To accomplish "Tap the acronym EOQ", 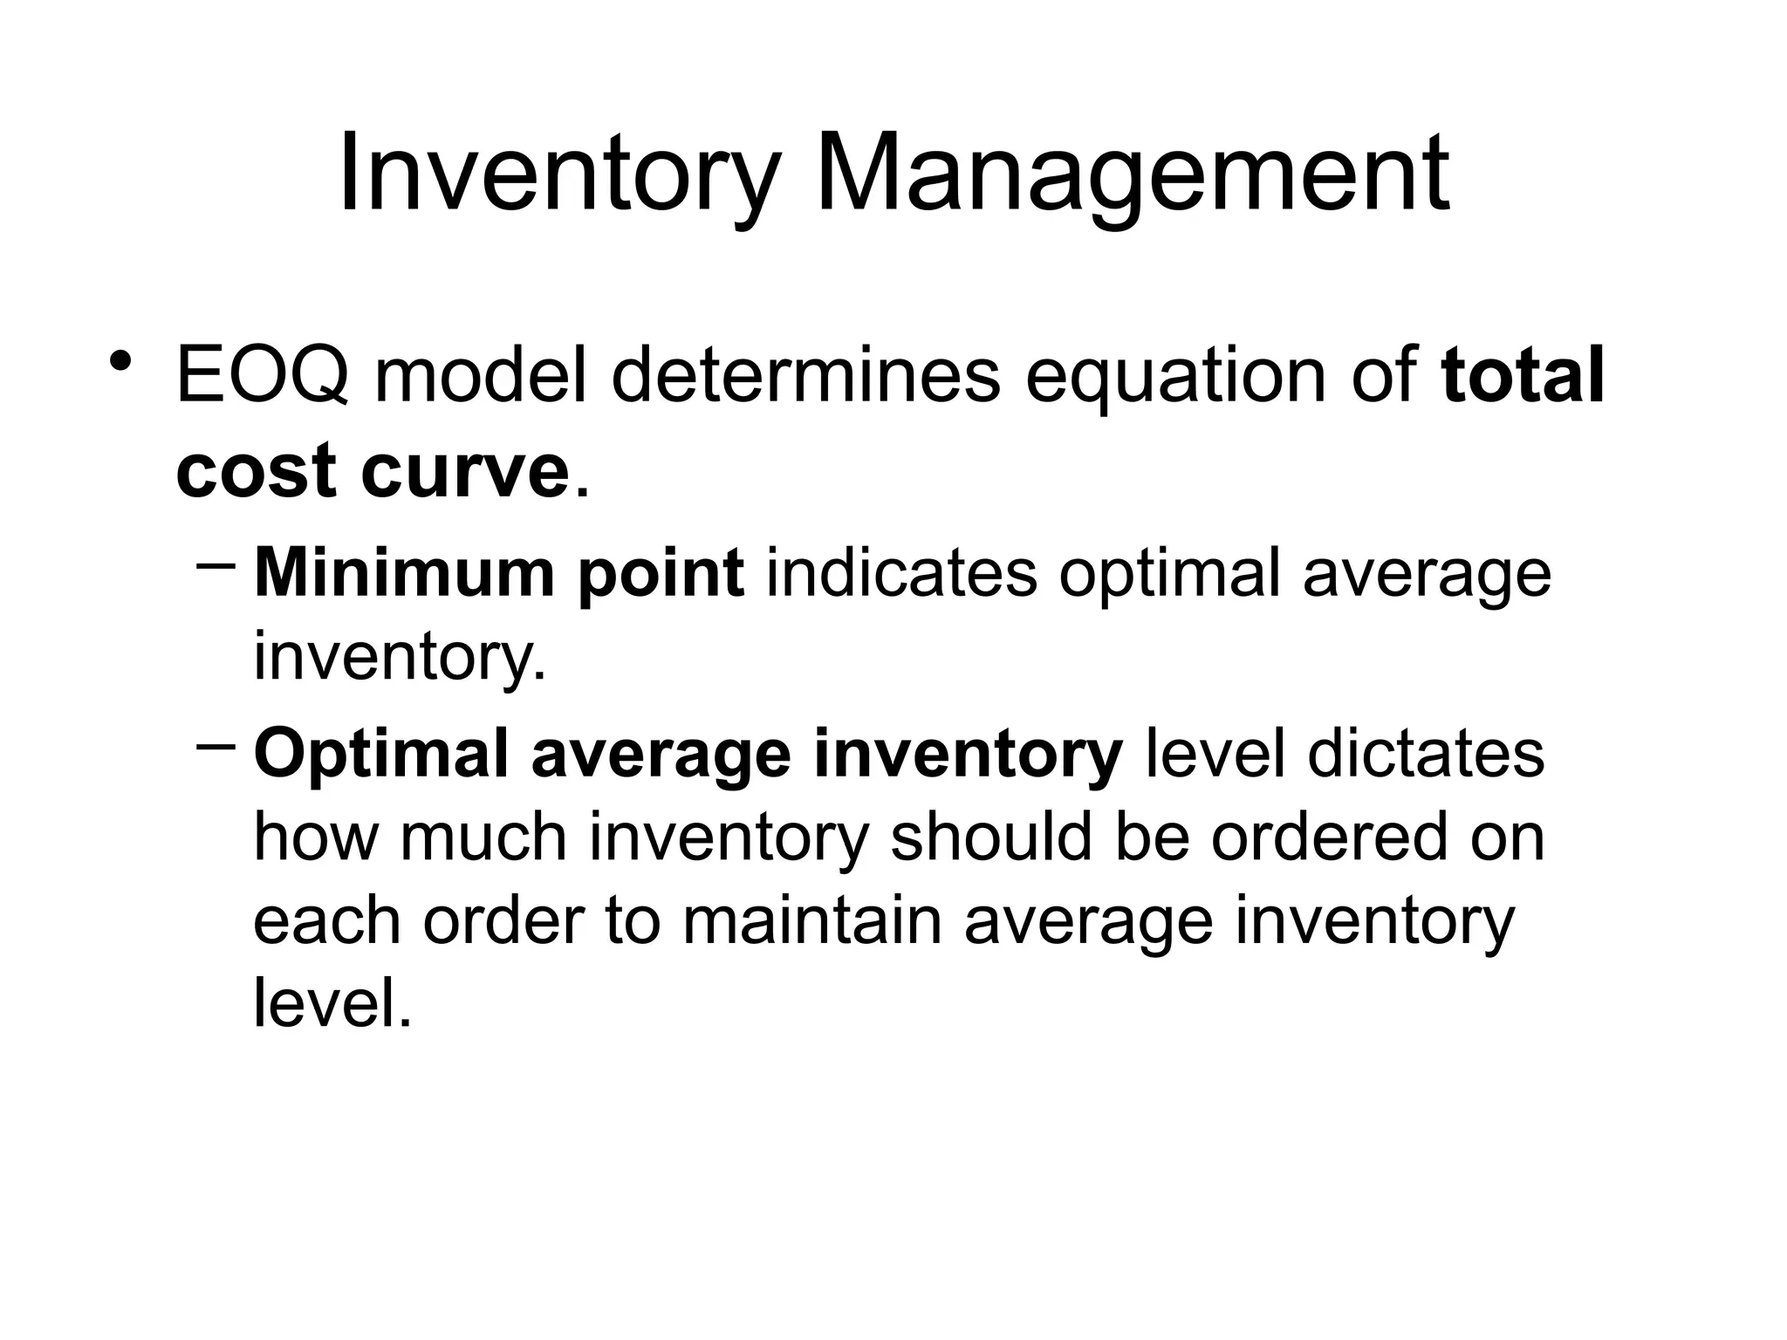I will pos(262,376).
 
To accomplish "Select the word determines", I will pos(804,376).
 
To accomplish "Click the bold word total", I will pos(1523,376).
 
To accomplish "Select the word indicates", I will pos(901,573).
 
